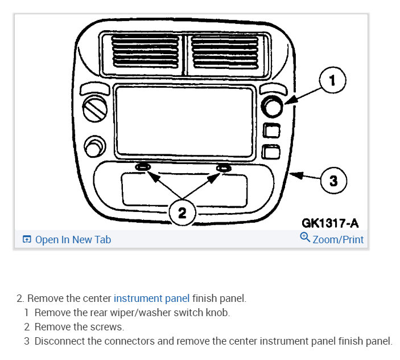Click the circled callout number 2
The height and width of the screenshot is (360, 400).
[182, 213]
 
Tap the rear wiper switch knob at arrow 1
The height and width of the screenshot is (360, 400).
[272, 108]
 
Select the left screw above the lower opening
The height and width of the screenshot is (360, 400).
[142, 168]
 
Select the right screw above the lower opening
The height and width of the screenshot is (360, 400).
[223, 168]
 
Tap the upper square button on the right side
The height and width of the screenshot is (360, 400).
[271, 131]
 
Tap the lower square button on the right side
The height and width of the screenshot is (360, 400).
[271, 152]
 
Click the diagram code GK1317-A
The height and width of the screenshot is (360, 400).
[330, 223]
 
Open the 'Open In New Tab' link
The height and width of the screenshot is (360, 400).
[67, 240]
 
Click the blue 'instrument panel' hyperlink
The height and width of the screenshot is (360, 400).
[151, 298]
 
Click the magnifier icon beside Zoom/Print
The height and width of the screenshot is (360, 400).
[304, 238]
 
